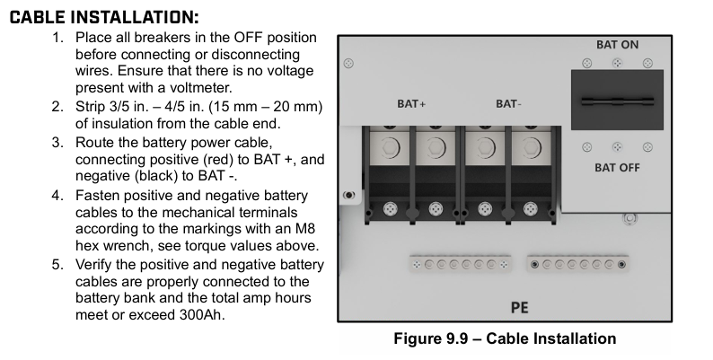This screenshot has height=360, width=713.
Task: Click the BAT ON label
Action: (x=617, y=45)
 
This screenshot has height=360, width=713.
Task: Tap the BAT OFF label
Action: (x=617, y=168)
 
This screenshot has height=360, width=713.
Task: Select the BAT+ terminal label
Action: (x=411, y=103)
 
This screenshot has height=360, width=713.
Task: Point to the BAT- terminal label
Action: (x=508, y=103)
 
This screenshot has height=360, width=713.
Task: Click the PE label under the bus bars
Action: (x=519, y=308)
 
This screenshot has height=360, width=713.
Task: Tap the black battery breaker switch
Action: (x=617, y=100)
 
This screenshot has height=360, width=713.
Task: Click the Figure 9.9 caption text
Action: (x=505, y=338)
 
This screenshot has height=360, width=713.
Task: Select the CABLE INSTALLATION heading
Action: (x=104, y=17)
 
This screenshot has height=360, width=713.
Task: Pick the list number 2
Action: (x=57, y=107)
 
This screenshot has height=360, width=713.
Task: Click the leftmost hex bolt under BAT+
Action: (x=389, y=147)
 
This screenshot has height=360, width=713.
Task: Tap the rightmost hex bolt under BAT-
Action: (x=531, y=147)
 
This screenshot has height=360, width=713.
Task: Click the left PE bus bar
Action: (x=460, y=264)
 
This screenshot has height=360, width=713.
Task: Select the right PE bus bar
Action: (x=577, y=264)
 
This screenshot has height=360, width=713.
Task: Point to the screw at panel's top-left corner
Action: (x=348, y=63)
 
